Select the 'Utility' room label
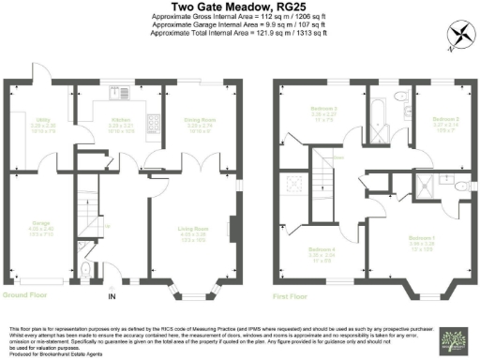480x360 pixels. [40, 119]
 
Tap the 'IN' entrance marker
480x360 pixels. [112, 297]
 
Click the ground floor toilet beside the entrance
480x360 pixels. [86, 273]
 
